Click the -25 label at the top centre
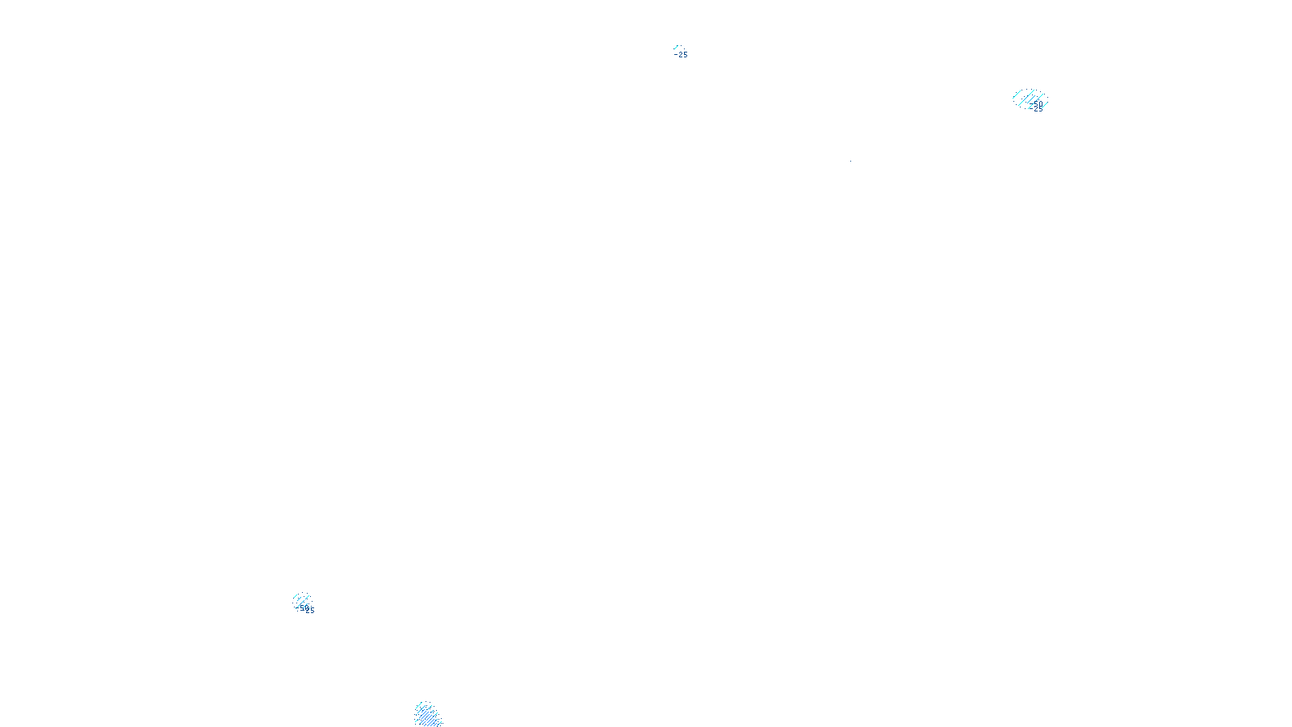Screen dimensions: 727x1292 (x=682, y=55)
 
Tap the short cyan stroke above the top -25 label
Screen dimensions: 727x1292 (x=676, y=48)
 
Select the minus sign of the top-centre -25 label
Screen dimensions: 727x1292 (x=676, y=55)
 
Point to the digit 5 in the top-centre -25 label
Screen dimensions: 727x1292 (x=685, y=55)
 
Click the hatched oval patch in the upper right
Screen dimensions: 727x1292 (x=1030, y=99)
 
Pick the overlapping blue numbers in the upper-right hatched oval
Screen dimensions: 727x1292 (x=1036, y=107)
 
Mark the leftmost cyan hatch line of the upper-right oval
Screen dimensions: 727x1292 (x=1016, y=97)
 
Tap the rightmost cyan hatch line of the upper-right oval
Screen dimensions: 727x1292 (x=1045, y=103)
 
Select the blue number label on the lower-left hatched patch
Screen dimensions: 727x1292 (x=305, y=610)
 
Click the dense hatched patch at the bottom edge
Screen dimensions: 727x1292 (x=427, y=716)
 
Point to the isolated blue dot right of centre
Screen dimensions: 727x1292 (x=850, y=161)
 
